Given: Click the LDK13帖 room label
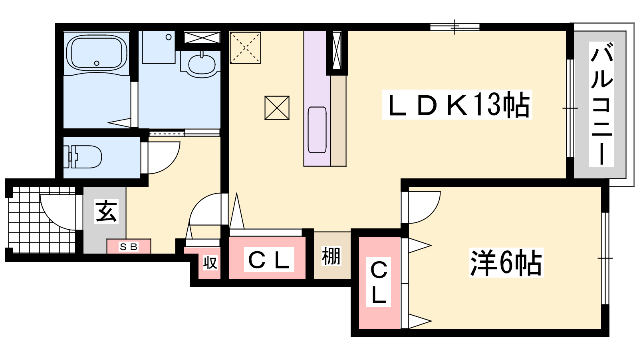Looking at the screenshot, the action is [457, 104].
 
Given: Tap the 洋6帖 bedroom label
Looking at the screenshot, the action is [506, 263].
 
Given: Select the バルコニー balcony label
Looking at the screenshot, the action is [601, 104].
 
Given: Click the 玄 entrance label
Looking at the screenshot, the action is [106, 212].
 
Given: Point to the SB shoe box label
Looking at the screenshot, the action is [129, 246].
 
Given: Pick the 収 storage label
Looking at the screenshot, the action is [210, 263].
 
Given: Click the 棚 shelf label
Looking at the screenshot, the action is [331, 256].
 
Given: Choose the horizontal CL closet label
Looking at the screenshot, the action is [269, 260].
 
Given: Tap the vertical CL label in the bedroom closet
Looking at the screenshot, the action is [378, 282].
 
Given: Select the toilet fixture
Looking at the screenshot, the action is [82, 157].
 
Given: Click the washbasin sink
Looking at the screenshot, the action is [202, 64].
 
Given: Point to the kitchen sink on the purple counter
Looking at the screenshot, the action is [317, 130].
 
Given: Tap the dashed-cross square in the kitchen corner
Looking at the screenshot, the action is [245, 48].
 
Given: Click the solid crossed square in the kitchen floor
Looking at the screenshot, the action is [277, 108].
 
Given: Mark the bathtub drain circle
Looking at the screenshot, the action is [97, 63].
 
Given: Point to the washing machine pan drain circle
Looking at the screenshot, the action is [169, 37].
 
